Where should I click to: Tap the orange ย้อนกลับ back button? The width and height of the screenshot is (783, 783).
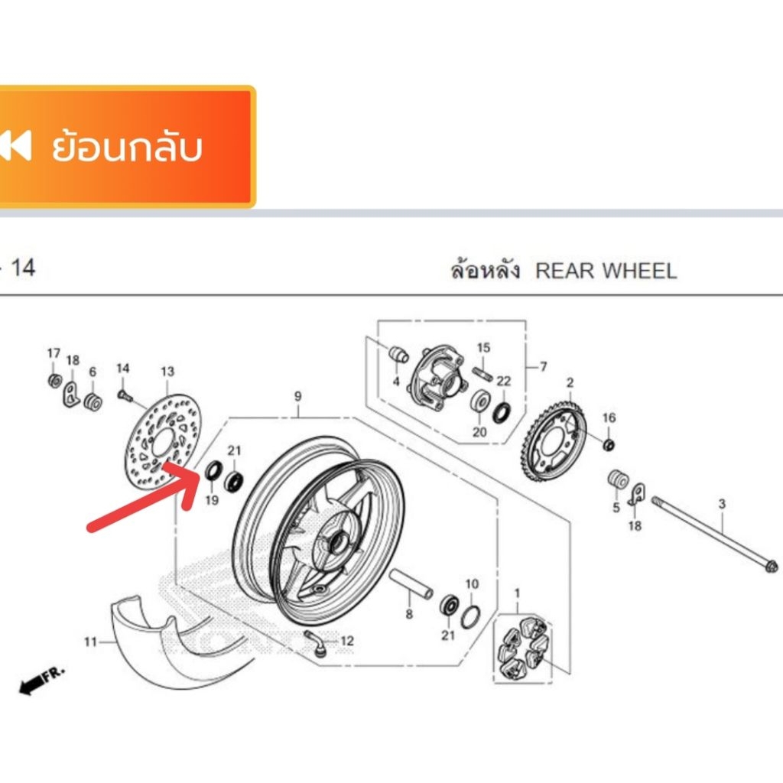[x=128, y=147]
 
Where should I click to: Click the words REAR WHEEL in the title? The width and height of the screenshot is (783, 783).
[x=606, y=271]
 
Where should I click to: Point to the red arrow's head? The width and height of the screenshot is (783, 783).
[x=185, y=479]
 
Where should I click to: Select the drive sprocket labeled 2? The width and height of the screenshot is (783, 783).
[x=554, y=441]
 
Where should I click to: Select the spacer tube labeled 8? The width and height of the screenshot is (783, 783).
[x=411, y=583]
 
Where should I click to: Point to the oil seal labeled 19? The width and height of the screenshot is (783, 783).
[x=214, y=470]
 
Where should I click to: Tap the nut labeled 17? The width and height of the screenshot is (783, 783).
[x=55, y=380]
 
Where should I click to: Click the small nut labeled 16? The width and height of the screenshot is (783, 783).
[x=609, y=444]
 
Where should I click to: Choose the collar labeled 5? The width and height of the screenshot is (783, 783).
[x=618, y=479]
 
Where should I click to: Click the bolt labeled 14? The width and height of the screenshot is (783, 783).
[x=125, y=396]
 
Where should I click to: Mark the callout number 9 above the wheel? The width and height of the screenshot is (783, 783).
[x=297, y=397]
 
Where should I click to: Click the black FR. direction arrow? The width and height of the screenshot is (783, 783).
[x=42, y=679]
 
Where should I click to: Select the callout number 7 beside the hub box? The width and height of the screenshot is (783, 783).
[x=544, y=366]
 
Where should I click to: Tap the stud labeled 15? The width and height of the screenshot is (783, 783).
[x=482, y=373]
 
